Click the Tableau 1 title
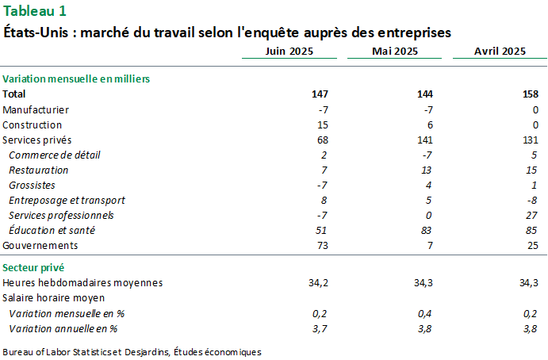tap(35, 11)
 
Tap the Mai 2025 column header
tap(395, 51)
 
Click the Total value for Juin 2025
tap(320, 94)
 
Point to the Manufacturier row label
tap(36, 109)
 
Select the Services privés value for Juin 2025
tap(322, 140)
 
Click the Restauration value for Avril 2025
tap(532, 170)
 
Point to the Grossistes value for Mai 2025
tap(430, 185)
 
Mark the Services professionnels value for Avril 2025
tap(532, 215)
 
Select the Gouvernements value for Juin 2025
tap(322, 245)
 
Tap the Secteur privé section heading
tap(33, 267)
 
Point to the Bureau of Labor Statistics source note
tap(132, 350)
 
